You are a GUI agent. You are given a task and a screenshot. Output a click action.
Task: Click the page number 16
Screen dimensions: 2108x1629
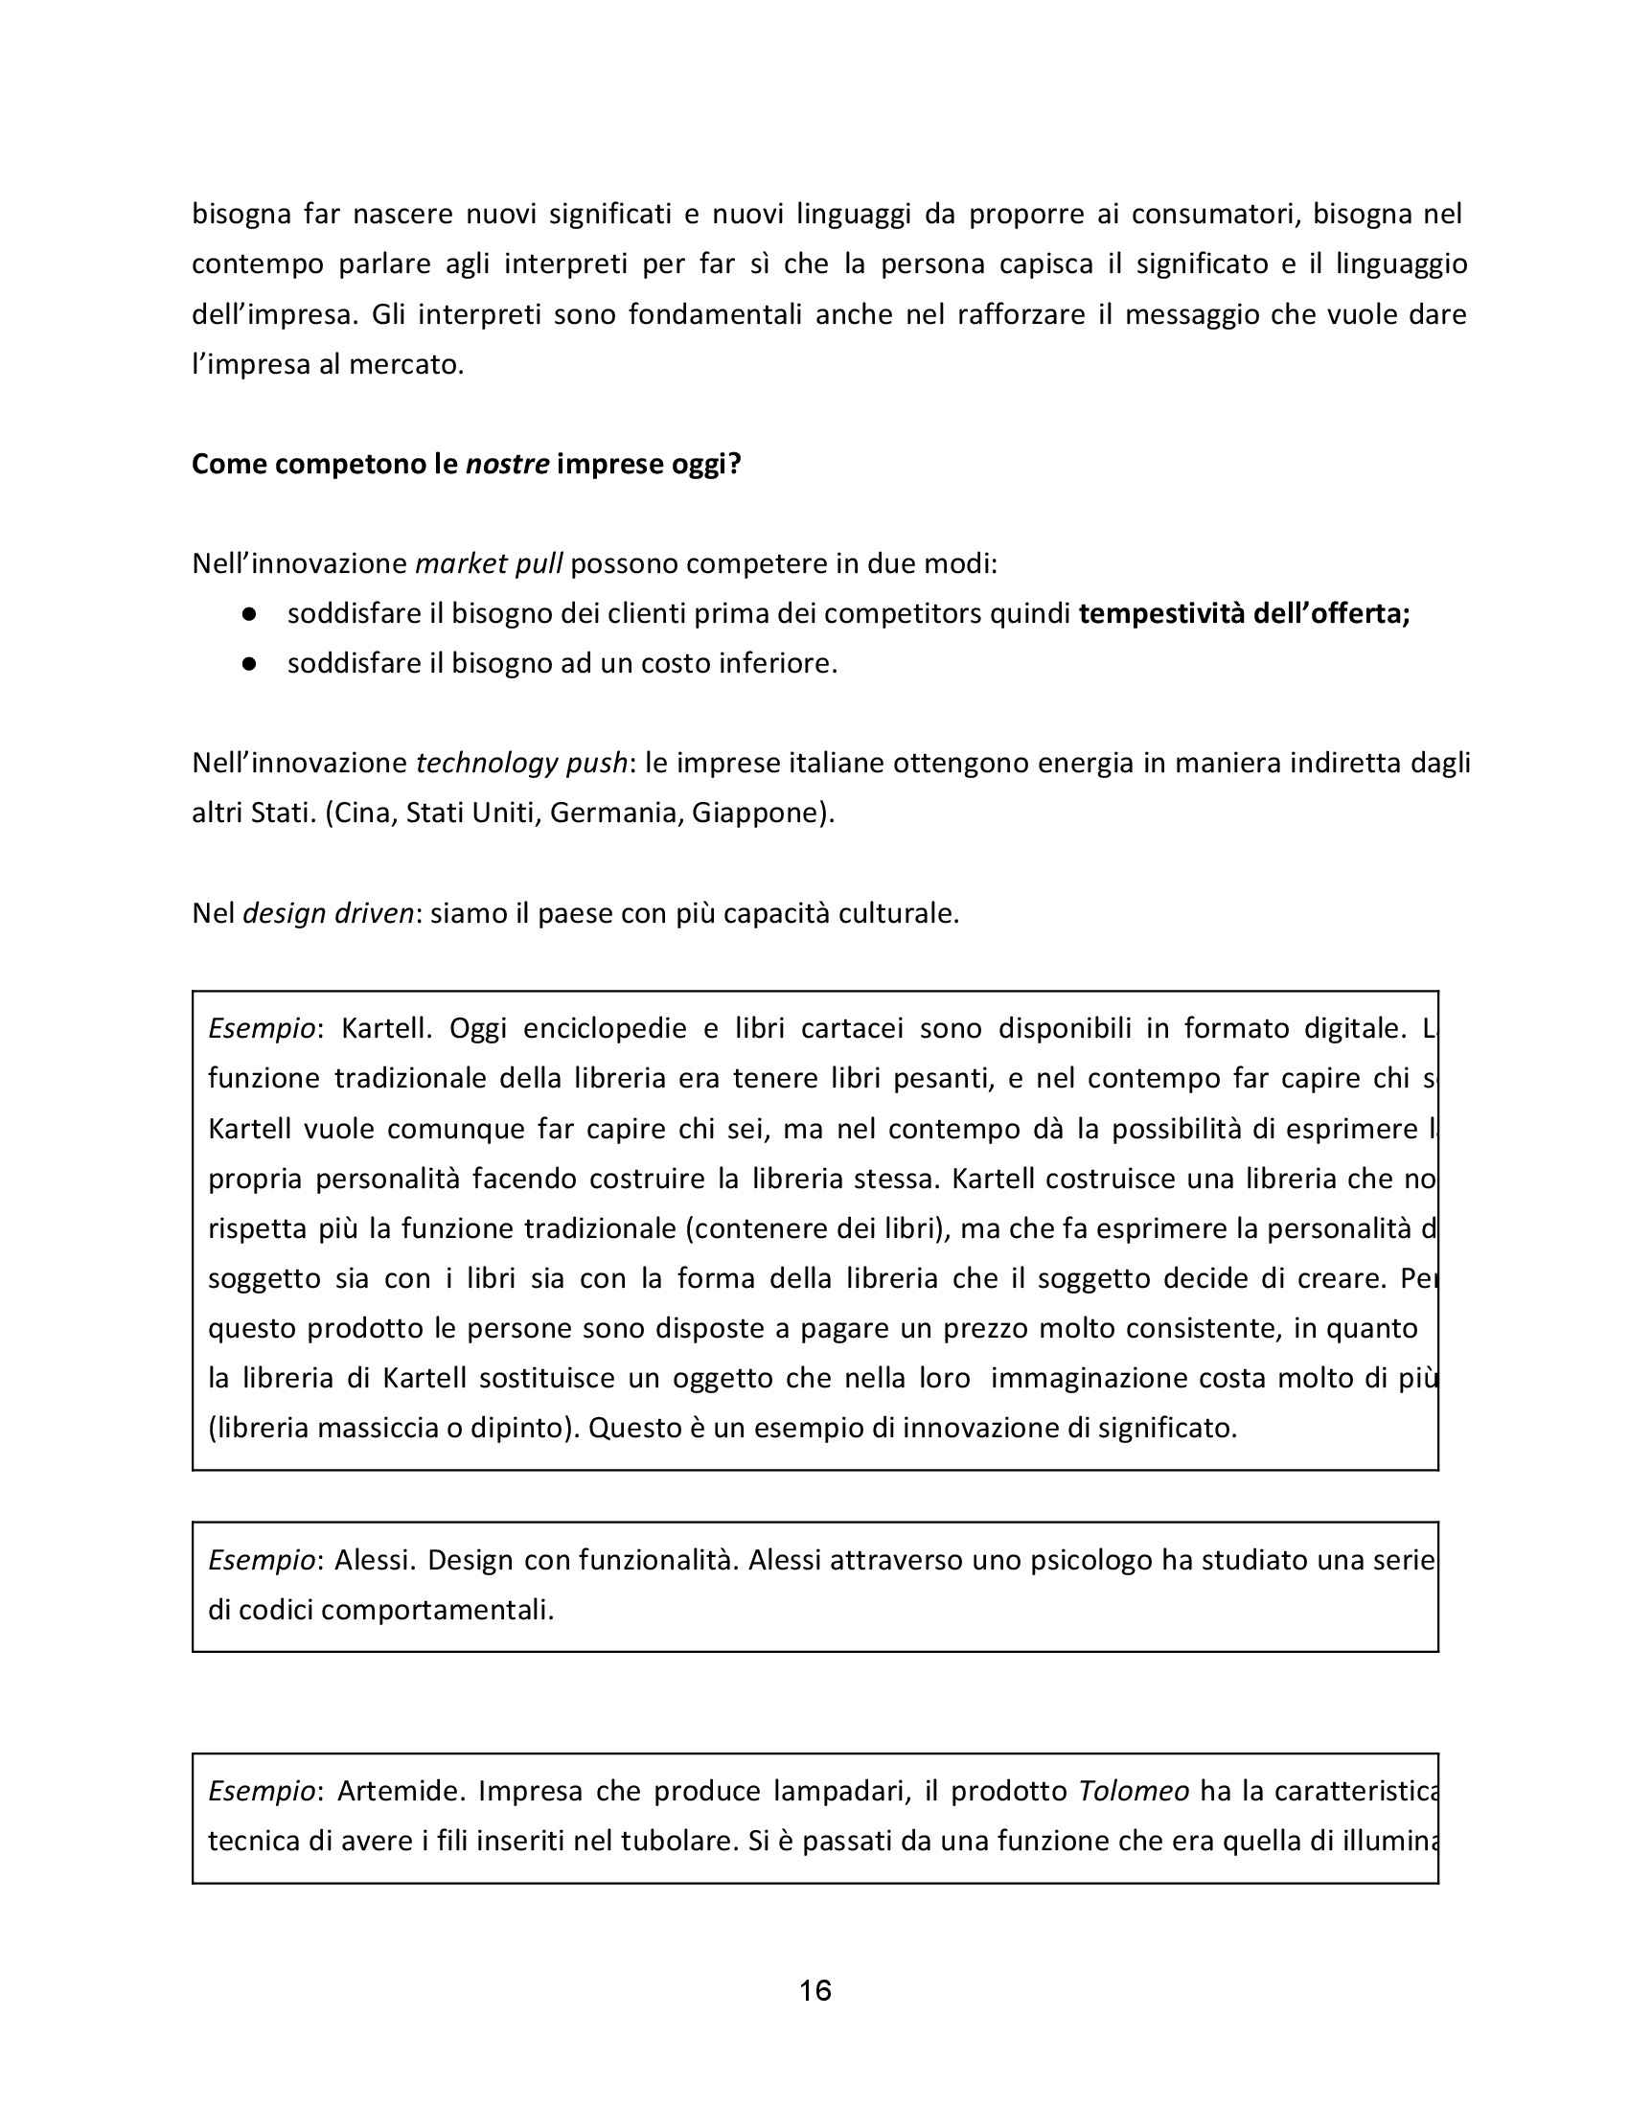click(814, 1990)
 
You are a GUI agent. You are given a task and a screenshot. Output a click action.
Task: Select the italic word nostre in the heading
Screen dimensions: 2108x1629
click(508, 465)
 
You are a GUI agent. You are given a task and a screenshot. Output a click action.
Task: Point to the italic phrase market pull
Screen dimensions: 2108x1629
click(489, 562)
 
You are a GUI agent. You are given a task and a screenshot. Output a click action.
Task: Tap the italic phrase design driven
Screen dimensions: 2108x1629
click(328, 912)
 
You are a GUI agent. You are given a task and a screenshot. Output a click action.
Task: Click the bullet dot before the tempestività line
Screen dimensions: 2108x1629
click(249, 614)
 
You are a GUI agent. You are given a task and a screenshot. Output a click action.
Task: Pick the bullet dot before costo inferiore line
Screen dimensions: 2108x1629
click(249, 664)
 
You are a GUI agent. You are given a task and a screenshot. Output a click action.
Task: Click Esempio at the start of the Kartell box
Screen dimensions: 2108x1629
click(262, 1028)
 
